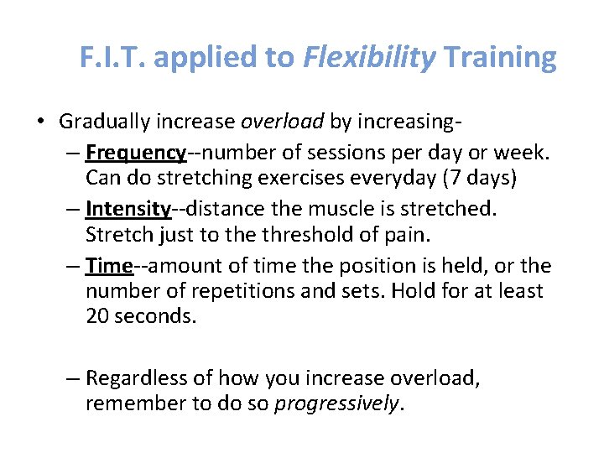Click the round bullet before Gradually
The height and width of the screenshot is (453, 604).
pos(42,122)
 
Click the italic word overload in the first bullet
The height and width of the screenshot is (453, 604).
pos(282,122)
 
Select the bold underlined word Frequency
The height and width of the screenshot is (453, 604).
pos(135,154)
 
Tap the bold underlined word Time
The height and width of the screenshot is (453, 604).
pos(109,266)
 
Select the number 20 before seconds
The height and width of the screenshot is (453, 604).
pos(98,316)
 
